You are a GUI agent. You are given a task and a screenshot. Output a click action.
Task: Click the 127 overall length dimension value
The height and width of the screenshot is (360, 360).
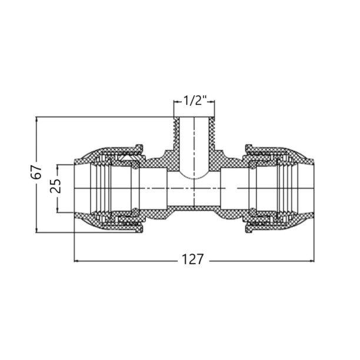(x=192, y=259)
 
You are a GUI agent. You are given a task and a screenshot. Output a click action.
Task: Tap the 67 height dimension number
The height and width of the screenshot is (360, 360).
(x=36, y=172)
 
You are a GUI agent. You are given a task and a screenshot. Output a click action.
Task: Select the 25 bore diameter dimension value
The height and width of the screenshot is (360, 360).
(x=56, y=186)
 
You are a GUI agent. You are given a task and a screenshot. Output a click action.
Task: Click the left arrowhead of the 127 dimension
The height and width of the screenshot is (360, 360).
(x=76, y=261)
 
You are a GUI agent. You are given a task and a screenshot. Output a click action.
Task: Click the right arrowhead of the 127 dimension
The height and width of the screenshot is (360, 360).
(x=312, y=261)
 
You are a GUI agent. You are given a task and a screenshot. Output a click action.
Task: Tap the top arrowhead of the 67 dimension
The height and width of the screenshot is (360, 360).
(x=36, y=119)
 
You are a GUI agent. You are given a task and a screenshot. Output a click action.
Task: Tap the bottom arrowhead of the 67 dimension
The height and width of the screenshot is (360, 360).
(x=36, y=230)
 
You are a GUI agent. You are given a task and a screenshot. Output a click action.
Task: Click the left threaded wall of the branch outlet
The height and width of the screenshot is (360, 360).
(x=176, y=134)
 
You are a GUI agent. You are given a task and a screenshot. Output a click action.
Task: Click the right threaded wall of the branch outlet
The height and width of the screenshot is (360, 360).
(x=212, y=134)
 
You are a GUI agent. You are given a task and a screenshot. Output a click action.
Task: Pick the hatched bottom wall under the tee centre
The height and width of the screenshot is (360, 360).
(x=194, y=208)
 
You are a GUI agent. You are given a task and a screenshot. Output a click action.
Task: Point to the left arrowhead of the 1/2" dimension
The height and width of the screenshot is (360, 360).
(x=176, y=101)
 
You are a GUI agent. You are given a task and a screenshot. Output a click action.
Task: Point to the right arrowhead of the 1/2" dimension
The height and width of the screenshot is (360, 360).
(x=212, y=101)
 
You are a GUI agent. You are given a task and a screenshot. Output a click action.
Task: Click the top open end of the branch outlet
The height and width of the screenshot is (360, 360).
(x=194, y=117)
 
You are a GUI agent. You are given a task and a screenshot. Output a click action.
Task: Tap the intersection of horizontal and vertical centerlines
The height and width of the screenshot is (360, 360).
(x=194, y=188)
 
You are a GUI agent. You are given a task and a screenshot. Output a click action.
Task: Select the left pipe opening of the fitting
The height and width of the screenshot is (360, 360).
(x=75, y=188)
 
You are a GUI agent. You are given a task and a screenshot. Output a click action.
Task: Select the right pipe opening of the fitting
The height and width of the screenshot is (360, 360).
(x=313, y=188)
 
